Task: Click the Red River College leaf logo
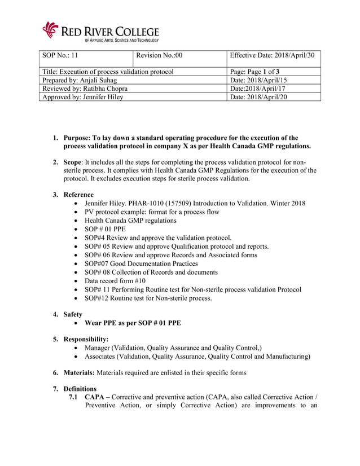point(51,29)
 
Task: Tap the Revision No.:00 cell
point(180,55)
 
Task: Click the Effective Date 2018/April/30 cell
point(273,55)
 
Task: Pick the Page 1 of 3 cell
point(273,72)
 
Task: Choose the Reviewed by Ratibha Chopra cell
point(85,89)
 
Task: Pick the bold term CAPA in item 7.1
point(94,398)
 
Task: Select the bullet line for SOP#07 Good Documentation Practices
point(141,263)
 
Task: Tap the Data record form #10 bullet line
point(115,280)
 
